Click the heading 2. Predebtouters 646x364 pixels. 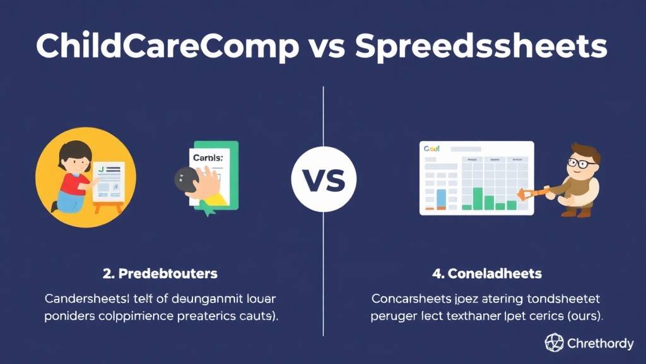tap(160, 274)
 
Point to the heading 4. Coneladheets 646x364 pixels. tap(486, 274)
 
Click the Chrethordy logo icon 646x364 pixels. tap(554, 343)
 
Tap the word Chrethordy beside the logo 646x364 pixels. tap(600, 344)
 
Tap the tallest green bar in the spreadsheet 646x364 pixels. tap(478, 198)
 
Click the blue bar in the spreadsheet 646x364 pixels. tap(441, 198)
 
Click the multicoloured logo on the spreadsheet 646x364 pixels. tap(432, 149)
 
